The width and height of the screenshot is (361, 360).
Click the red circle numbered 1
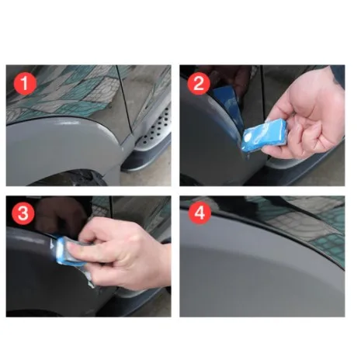click(25, 84)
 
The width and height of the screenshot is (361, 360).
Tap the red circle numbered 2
click(199, 84)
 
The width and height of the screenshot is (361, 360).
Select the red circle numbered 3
click(23, 213)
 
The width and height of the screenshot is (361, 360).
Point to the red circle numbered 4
click(200, 213)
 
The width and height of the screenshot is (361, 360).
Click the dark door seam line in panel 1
click(124, 101)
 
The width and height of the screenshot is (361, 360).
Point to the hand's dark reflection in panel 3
click(61, 216)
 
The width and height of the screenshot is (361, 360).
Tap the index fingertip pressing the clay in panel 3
click(73, 248)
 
